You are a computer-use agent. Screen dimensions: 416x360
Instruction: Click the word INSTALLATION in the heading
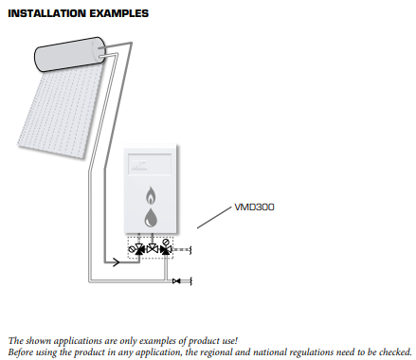(x=46, y=13)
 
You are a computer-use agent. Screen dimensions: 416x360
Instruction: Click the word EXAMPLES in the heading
(x=118, y=13)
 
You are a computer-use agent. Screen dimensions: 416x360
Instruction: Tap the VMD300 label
(x=254, y=207)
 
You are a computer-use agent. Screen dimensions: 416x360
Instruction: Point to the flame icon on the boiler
(x=151, y=195)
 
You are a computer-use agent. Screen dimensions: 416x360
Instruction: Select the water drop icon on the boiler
(x=151, y=218)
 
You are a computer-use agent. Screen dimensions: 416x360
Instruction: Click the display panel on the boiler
(x=150, y=164)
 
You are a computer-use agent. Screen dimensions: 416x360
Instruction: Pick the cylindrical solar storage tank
(x=69, y=54)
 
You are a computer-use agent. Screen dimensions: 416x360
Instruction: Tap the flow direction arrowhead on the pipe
(x=117, y=262)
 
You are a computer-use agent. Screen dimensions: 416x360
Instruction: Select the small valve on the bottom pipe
(x=176, y=280)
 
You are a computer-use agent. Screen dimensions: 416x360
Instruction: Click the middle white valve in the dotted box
(x=153, y=249)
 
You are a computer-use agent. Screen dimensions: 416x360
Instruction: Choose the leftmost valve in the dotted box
(x=139, y=249)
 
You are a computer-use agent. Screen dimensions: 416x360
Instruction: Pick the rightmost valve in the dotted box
(x=166, y=250)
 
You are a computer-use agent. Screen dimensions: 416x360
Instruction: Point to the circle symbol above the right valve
(x=166, y=243)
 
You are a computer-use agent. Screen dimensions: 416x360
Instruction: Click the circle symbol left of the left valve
(x=131, y=249)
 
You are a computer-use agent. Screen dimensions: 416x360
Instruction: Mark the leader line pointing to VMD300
(x=214, y=218)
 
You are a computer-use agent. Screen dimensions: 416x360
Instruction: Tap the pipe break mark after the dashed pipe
(x=190, y=250)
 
